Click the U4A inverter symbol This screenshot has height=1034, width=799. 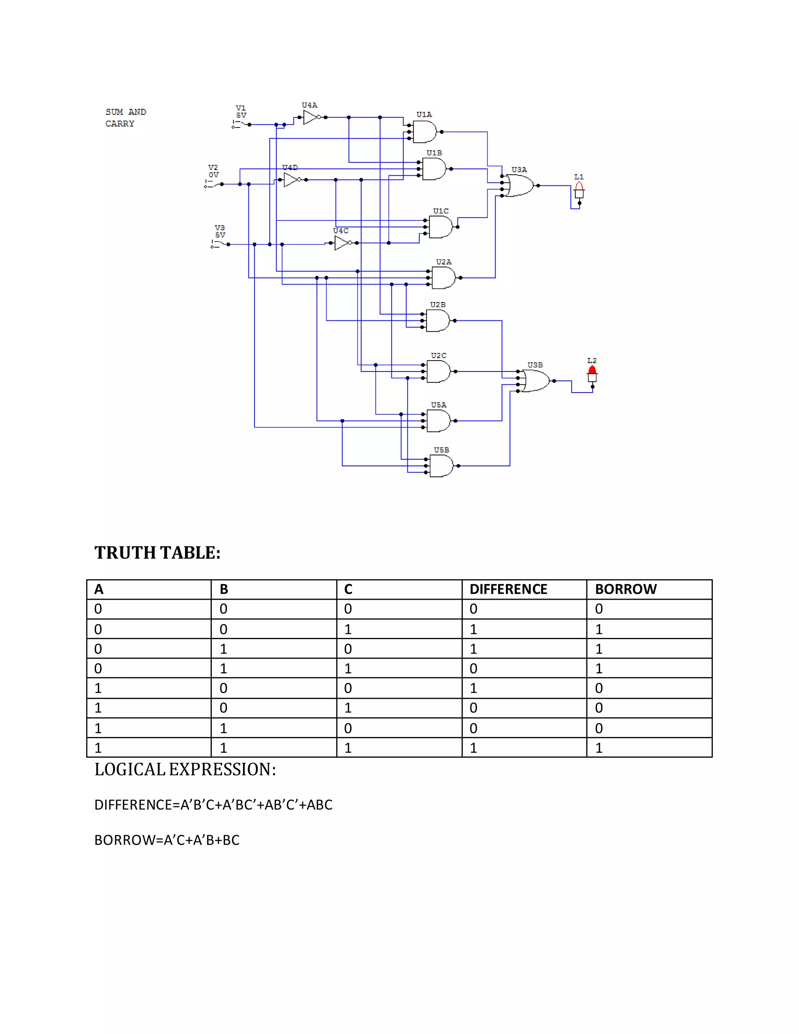coord(311,117)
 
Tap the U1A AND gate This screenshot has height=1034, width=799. coord(424,131)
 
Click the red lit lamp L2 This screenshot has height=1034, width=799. coord(592,371)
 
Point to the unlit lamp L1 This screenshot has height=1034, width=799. coord(579,187)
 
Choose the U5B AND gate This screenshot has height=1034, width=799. coord(441,466)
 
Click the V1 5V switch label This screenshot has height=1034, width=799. coord(241,112)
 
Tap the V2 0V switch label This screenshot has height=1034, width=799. coord(213,171)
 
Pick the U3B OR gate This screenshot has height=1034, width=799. coord(535,381)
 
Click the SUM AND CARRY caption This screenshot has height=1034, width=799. coord(126,118)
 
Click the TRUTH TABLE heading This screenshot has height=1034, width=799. coord(157,553)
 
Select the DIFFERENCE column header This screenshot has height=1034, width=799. coord(508,590)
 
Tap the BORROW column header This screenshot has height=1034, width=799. coord(626,590)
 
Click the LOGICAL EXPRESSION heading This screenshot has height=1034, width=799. coord(185,769)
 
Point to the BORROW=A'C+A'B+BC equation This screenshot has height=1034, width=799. coord(167,840)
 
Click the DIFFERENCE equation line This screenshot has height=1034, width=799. coord(213,805)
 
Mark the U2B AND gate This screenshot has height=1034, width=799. coord(437,320)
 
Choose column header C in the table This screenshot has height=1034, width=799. coord(348,590)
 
